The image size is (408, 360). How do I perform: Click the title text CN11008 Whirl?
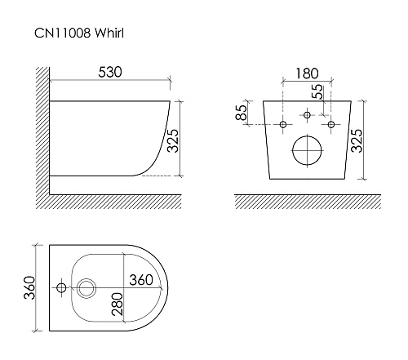(79, 33)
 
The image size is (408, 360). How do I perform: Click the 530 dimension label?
(110, 72)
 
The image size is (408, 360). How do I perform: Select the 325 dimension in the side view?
(173, 140)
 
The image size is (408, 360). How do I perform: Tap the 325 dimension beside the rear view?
(357, 140)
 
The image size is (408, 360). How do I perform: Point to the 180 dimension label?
(307, 73)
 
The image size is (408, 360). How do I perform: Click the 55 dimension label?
(317, 91)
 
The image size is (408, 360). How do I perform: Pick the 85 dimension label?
(242, 112)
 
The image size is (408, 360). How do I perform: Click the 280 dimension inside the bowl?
(118, 304)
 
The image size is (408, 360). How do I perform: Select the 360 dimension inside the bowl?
(141, 280)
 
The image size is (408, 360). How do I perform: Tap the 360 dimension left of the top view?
(29, 287)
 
